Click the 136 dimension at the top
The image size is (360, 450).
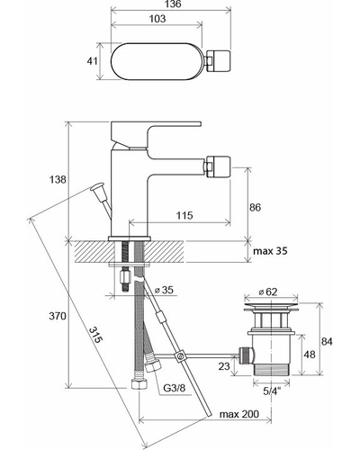point(173,4)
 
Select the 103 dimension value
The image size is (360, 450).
point(157,19)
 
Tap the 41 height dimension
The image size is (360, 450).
point(92,61)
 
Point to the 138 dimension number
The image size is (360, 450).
point(58,179)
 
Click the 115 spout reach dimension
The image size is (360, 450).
point(184,215)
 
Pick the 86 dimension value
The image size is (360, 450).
point(255,207)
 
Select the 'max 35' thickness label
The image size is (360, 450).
point(270,251)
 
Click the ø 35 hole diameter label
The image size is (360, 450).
point(164,290)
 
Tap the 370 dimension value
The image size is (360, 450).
point(58,316)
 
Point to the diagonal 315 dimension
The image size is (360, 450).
point(95,335)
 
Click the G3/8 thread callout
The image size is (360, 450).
point(175,388)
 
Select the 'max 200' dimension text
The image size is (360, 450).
point(239,414)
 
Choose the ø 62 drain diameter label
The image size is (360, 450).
point(267,292)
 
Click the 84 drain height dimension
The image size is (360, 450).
point(327,341)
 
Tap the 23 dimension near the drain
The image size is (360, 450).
point(224,365)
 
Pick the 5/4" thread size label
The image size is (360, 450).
point(272,391)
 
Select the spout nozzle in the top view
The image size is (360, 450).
point(218,61)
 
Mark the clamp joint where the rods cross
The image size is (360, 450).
point(181,356)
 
